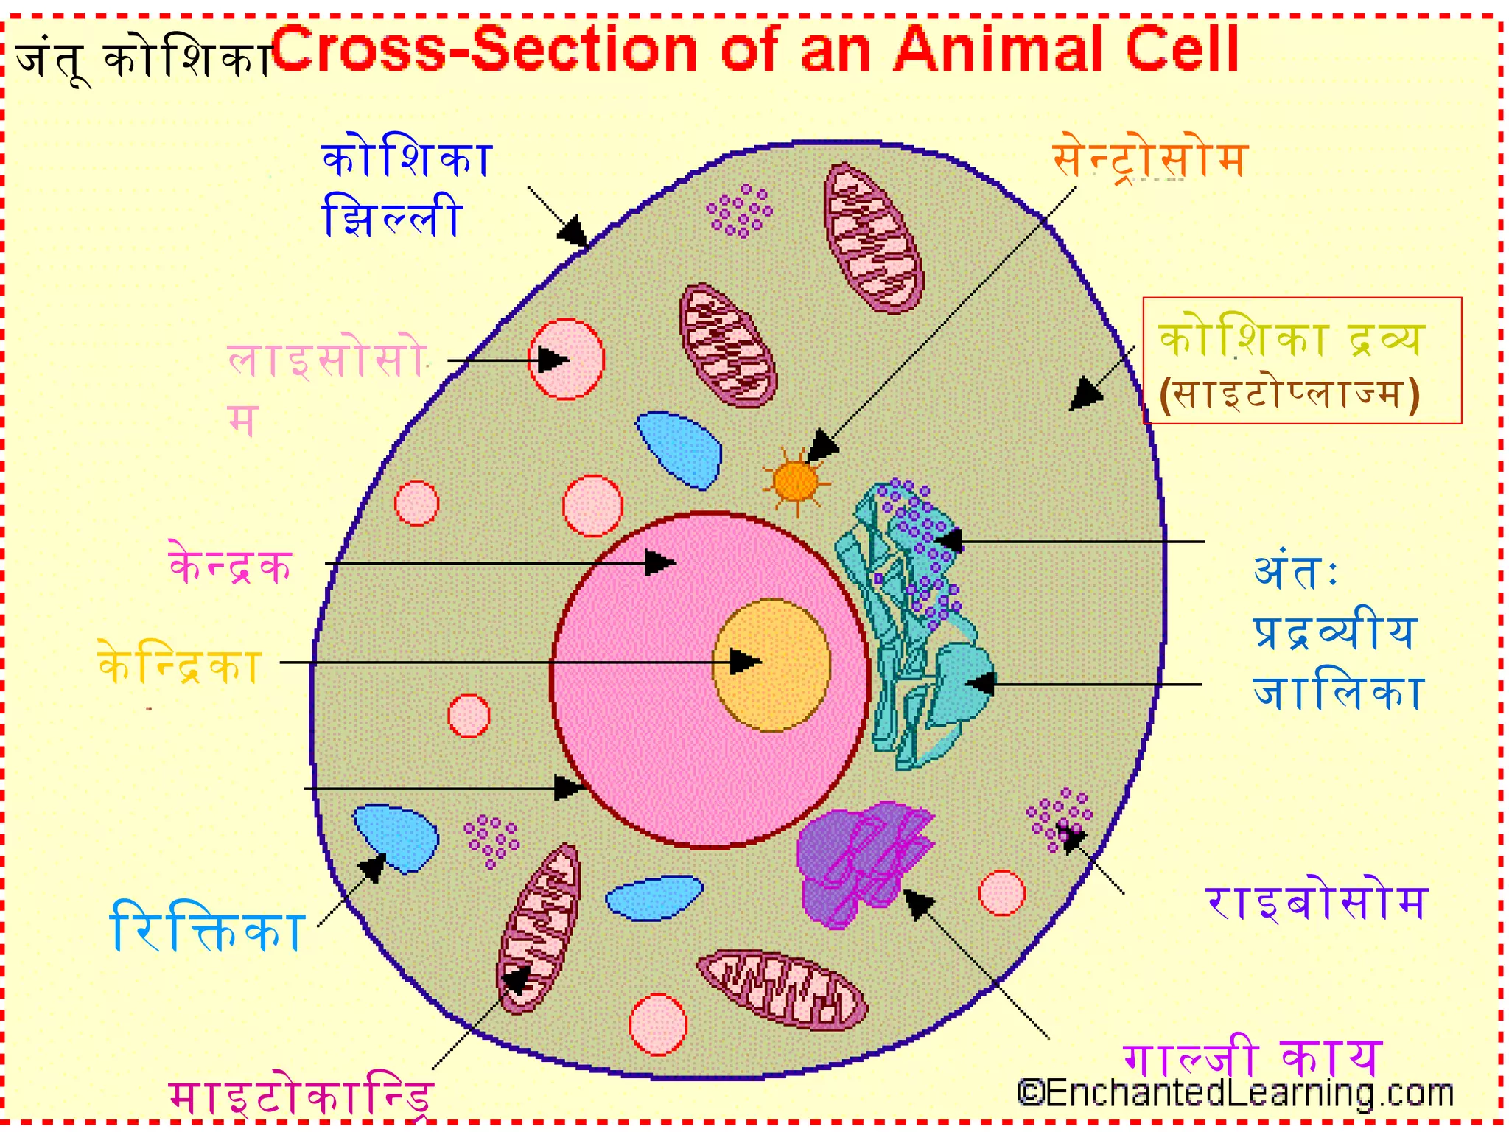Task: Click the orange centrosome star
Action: pyautogui.click(x=795, y=482)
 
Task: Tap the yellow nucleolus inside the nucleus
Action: pyautogui.click(x=771, y=665)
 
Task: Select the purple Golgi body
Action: pyautogui.click(x=862, y=862)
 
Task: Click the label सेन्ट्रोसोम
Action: pyautogui.click(x=1149, y=158)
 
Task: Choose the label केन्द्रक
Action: pyautogui.click(x=231, y=566)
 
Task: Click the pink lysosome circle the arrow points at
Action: pyautogui.click(x=566, y=359)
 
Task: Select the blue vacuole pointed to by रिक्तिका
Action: pyautogui.click(x=396, y=837)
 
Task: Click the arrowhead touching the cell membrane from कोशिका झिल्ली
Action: pyautogui.click(x=574, y=231)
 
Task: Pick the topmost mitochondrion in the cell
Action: pyautogui.click(x=872, y=237)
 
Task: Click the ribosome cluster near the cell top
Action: pyautogui.click(x=739, y=210)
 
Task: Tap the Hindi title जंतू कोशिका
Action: pyautogui.click(x=144, y=59)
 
